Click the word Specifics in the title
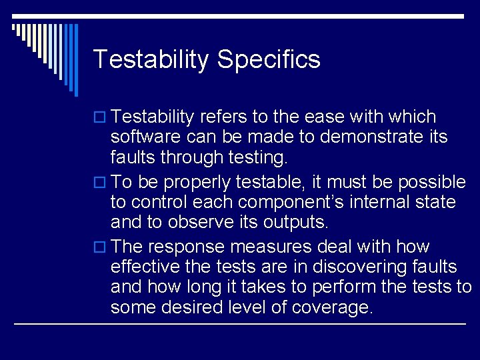269,60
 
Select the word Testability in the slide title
151,60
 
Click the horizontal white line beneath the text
240,325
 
